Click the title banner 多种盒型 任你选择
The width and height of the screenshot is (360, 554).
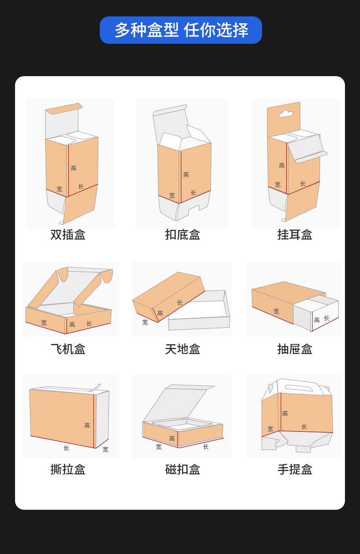181,30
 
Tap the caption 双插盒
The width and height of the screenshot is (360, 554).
68,235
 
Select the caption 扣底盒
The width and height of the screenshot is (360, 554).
182,235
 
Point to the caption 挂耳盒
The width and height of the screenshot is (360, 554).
295,235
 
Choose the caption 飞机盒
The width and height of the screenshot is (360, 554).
68,349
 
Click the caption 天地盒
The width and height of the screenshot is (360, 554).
182,349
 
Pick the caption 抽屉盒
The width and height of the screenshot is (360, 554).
295,349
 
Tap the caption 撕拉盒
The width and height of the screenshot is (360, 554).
68,469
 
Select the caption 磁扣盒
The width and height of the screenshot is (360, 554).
182,469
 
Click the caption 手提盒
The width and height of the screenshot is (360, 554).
295,469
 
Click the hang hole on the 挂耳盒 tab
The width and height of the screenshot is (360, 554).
286,114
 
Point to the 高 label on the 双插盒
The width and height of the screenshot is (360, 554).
73,168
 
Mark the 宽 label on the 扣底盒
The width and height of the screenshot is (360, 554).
172,196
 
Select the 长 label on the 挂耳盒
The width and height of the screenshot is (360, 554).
303,184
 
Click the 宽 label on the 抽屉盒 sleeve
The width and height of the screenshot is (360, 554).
276,311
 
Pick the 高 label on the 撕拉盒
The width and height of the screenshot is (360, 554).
87,425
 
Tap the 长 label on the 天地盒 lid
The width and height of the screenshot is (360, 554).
180,303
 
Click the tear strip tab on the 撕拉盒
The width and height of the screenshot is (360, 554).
96,388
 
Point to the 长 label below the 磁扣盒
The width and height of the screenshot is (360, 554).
206,447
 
